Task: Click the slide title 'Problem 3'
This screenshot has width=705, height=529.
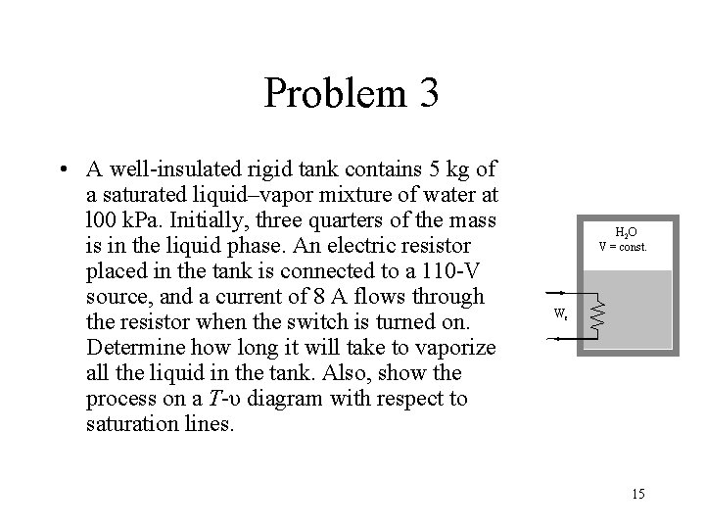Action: click(351, 94)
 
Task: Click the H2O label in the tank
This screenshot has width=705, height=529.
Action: click(626, 232)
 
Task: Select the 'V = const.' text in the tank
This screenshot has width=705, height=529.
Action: click(626, 246)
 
